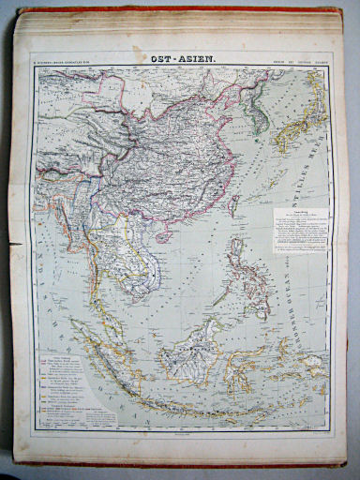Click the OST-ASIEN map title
click(182, 59)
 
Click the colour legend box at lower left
click(70, 393)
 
